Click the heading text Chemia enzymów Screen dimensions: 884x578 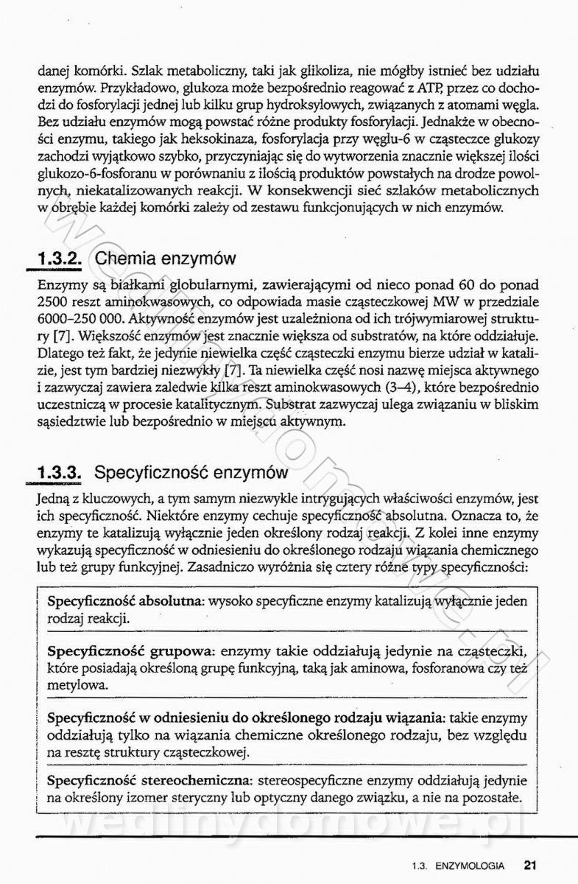pyautogui.click(x=166, y=259)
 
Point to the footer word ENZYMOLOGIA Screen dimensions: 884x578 pyautogui.click(x=469, y=866)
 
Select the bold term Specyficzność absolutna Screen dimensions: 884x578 pyautogui.click(x=125, y=601)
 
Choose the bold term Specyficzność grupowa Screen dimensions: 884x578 pyautogui.click(x=130, y=652)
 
